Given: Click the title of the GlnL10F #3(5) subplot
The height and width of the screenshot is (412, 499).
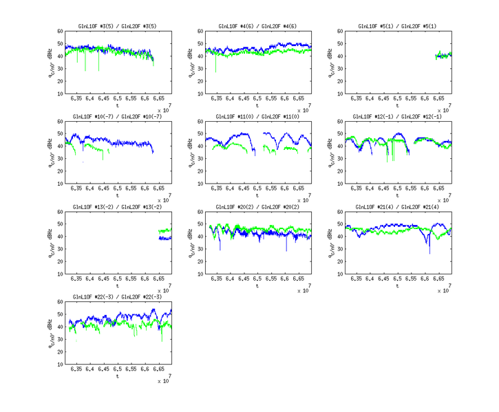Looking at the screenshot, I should coord(118,26).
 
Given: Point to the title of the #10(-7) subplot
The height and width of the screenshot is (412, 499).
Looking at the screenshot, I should coord(118,116).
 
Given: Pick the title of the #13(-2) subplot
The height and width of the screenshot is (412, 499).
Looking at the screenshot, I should coord(118,206).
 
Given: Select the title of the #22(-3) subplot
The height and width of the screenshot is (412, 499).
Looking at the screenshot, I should coord(118,296).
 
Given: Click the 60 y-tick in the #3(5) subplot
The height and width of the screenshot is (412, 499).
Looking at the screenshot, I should coord(60,31).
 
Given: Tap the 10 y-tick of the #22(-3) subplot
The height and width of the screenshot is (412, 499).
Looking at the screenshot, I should coord(60,364).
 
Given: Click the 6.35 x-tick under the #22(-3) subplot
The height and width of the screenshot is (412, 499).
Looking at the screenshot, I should coord(76,369).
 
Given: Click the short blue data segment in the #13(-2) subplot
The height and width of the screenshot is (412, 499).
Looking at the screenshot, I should coord(165,238).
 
